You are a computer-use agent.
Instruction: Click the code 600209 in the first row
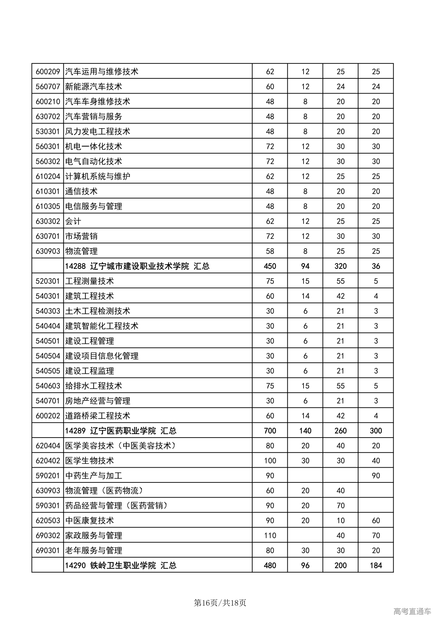click(48, 72)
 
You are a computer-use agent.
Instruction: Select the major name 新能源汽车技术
click(93, 87)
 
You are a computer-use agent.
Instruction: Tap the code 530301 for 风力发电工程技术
click(48, 131)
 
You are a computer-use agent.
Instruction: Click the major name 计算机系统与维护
click(98, 176)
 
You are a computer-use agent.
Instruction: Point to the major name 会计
click(73, 221)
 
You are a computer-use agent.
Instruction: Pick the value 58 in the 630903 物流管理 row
click(270, 251)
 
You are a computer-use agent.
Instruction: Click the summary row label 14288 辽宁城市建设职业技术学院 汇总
click(137, 266)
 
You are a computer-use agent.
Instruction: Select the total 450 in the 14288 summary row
click(270, 266)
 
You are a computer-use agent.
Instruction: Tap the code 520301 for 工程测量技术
click(48, 281)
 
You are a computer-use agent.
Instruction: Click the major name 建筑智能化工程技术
click(102, 326)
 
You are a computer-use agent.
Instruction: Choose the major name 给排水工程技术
click(93, 386)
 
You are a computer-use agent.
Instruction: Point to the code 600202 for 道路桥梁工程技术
click(48, 416)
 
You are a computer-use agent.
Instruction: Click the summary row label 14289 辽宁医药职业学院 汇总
click(121, 431)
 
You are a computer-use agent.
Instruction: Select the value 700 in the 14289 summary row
click(270, 431)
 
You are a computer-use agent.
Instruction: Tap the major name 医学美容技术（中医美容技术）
click(121, 446)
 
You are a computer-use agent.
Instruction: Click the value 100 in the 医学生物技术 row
click(270, 461)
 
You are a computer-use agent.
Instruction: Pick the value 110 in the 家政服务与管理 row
click(270, 536)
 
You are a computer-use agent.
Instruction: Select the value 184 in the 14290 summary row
click(376, 565)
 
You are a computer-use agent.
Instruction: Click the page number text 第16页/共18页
click(220, 603)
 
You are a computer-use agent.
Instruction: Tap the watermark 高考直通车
click(412, 612)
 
